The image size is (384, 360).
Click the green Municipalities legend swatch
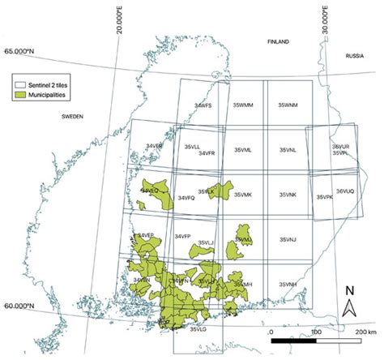click(x=24, y=95)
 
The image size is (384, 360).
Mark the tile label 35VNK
click(x=287, y=195)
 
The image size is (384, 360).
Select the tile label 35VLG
click(x=200, y=329)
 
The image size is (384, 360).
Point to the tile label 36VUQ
click(x=346, y=191)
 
